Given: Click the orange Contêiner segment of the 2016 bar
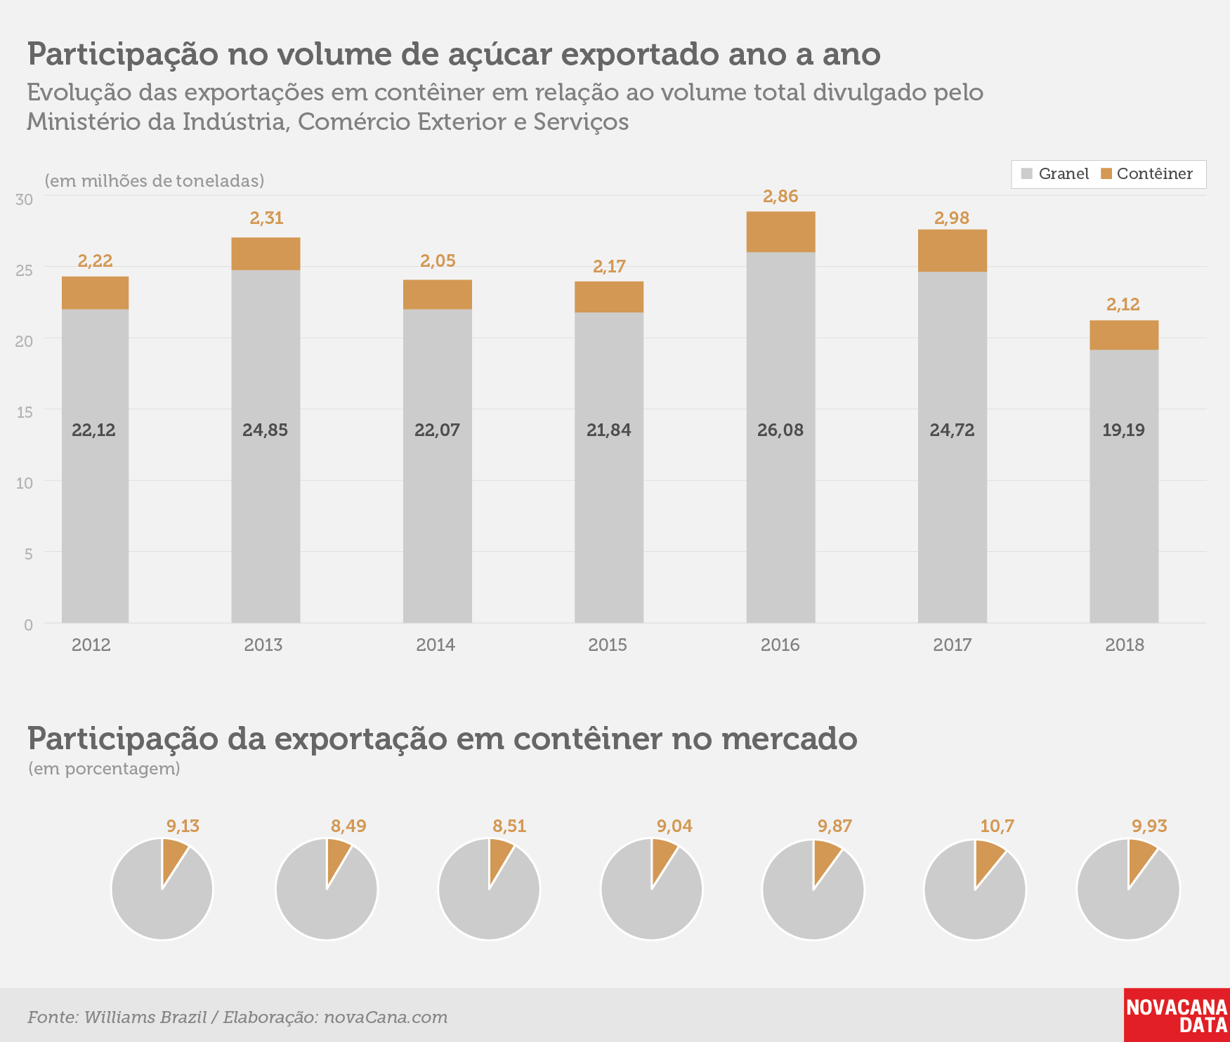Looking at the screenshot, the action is (780, 232).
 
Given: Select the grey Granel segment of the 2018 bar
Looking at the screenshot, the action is (1124, 486).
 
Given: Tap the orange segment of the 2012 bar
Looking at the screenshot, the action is (95, 293).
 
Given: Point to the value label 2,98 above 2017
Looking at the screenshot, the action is (952, 218).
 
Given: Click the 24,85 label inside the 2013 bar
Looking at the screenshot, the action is (265, 430).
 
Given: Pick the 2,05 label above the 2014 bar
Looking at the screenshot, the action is (438, 260).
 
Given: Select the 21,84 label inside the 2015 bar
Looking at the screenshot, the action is (609, 430).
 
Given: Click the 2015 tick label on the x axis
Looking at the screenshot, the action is (608, 645).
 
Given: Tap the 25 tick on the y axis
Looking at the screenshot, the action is (24, 270).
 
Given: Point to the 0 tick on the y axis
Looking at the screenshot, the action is (28, 625).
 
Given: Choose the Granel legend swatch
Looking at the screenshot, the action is (1027, 173).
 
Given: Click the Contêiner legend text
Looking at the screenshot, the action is (1155, 173).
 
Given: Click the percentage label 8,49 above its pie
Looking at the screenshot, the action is (348, 826).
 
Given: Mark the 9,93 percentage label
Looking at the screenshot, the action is (1149, 826).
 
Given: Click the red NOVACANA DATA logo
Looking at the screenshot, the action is (1177, 1015).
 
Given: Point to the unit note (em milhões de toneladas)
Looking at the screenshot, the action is (155, 180).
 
